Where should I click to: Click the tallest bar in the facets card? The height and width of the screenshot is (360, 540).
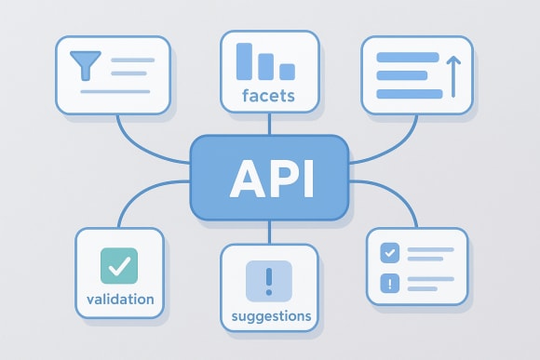pyautogui.click(x=246, y=60)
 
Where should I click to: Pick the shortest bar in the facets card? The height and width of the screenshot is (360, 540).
pyautogui.click(x=287, y=71)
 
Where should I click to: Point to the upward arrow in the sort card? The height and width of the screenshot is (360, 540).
pyautogui.click(x=453, y=75)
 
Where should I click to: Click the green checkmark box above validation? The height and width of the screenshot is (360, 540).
pyautogui.click(x=119, y=267)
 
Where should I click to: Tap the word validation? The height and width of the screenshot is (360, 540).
pyautogui.click(x=119, y=300)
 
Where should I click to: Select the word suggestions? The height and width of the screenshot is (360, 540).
pyautogui.click(x=271, y=316)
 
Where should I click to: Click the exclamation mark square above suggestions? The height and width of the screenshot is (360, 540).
pyautogui.click(x=269, y=279)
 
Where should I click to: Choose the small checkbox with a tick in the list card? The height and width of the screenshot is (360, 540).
pyautogui.click(x=390, y=252)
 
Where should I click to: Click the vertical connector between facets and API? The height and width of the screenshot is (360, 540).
pyautogui.click(x=269, y=123)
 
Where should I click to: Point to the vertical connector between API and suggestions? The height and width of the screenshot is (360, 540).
pyautogui.click(x=269, y=233)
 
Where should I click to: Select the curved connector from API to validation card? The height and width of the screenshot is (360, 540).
pyautogui.click(x=140, y=200)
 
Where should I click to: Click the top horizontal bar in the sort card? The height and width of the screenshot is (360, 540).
pyautogui.click(x=408, y=57)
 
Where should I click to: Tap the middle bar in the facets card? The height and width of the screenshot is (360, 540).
pyautogui.click(x=266, y=65)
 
